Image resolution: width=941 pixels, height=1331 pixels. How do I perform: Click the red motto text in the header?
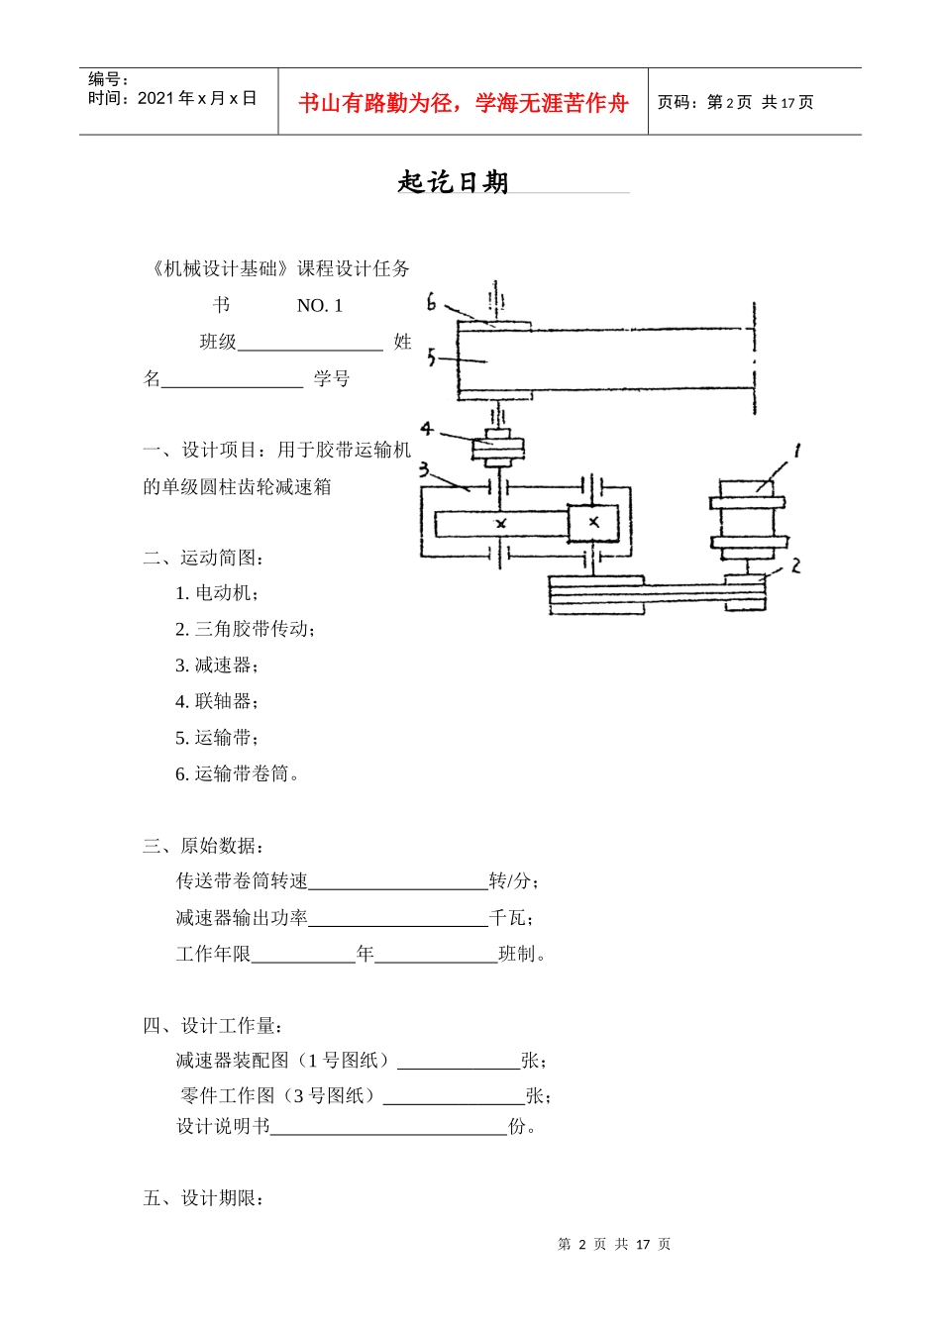(463, 103)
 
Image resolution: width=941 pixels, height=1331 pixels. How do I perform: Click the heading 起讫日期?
(453, 182)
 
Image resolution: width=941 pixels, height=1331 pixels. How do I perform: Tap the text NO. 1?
(319, 306)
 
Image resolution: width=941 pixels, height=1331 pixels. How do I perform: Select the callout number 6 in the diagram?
(431, 302)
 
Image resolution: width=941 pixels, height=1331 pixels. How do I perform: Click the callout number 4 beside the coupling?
(426, 429)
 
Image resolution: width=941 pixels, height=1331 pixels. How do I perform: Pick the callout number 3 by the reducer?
(424, 469)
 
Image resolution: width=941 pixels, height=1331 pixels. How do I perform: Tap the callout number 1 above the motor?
(796, 452)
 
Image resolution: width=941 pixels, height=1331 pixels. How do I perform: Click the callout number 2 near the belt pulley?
(794, 565)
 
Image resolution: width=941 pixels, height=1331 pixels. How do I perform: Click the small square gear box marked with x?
(592, 522)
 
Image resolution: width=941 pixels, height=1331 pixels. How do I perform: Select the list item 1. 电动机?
(217, 593)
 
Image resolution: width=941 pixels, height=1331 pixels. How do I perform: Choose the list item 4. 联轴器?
(217, 702)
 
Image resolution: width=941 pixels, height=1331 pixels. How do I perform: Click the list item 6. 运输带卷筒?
(237, 774)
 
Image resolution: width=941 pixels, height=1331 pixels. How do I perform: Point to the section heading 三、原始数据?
(203, 847)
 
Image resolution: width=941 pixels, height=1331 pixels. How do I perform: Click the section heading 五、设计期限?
(203, 1199)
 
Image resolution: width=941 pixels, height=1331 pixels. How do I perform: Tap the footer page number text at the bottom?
(614, 1245)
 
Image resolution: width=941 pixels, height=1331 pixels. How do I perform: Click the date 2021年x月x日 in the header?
(197, 98)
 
